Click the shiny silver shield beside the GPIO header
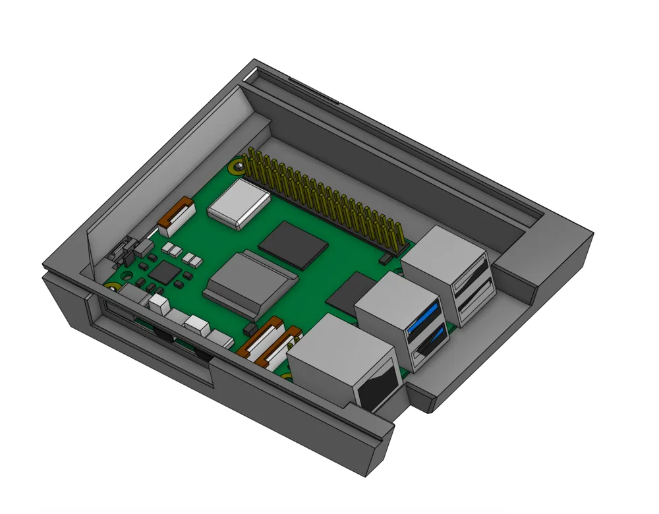239,204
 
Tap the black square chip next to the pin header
293,244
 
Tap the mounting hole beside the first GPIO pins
234,167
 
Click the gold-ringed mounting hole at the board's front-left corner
113,287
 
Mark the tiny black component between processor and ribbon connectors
249,329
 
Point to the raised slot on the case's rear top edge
314,92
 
